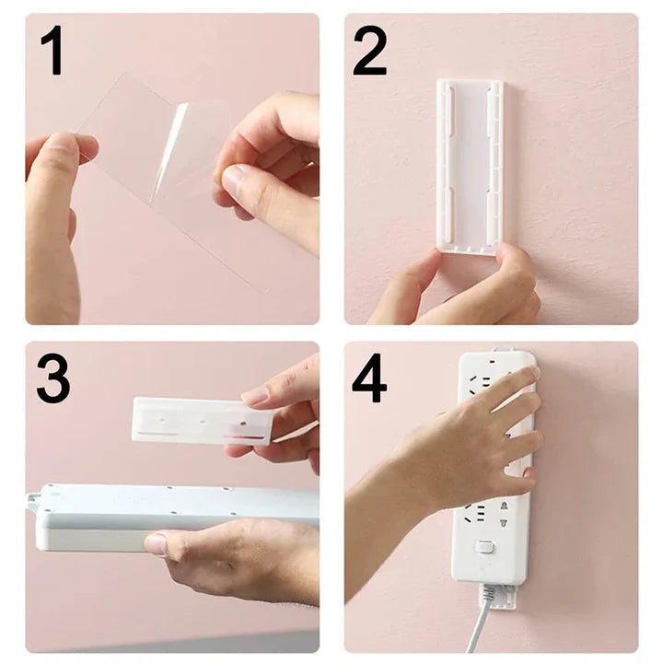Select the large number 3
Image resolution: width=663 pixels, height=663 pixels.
click(53, 378)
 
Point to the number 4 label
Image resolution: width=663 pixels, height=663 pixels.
click(369, 378)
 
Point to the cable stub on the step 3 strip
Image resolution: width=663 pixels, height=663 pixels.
click(33, 503)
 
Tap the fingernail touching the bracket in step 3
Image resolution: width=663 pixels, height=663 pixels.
click(255, 395)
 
